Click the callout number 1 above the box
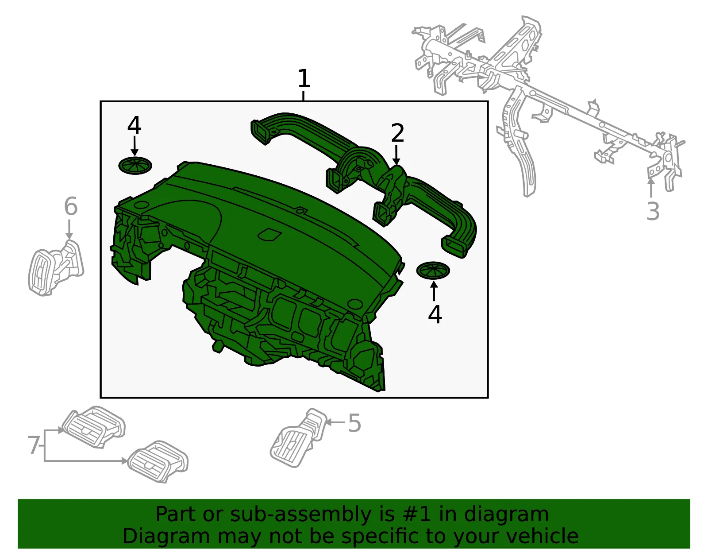point(304,78)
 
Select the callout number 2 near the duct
point(397,133)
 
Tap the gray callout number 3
point(653,211)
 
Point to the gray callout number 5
point(354,423)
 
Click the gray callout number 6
point(71,206)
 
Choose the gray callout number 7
point(34,445)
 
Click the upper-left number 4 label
point(134,125)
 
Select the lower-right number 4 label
point(435,314)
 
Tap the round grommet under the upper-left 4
point(135,166)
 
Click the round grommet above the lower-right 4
point(433,271)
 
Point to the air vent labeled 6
point(55,268)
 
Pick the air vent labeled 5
point(298,437)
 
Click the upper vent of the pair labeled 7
point(93,427)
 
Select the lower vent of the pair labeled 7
point(158,461)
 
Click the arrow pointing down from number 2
point(396,155)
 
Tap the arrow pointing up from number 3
point(650,188)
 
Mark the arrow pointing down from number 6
point(69,229)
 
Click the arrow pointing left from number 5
point(335,422)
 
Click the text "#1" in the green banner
point(416,514)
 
